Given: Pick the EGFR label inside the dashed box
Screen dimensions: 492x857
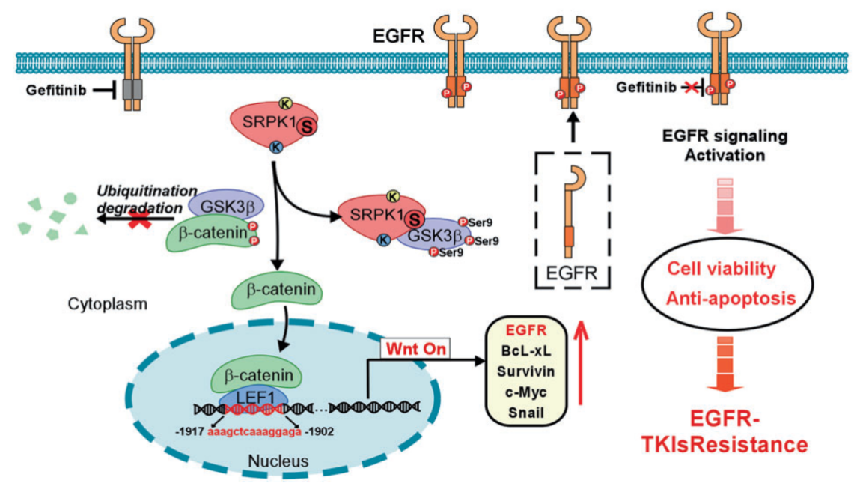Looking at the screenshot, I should click(572, 272).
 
